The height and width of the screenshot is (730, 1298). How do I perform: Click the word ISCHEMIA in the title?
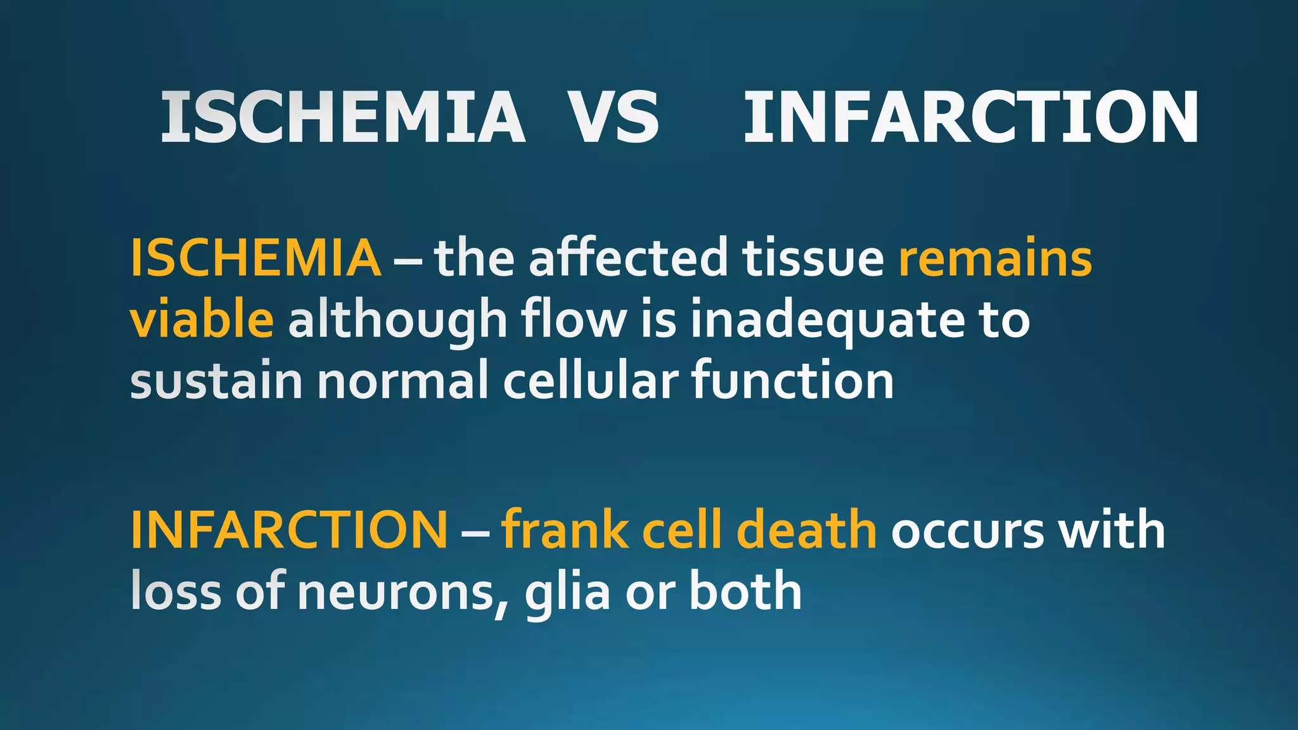(x=342, y=117)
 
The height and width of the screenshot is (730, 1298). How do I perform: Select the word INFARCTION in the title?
(x=970, y=117)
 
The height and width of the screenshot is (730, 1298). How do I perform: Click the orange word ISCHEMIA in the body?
(x=255, y=258)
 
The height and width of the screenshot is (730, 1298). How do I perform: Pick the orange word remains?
(x=995, y=258)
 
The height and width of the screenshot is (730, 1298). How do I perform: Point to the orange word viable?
(x=202, y=319)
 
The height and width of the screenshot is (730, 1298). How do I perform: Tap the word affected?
(x=628, y=258)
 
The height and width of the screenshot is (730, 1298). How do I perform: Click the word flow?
(x=574, y=319)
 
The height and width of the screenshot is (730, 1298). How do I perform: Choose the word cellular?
(x=591, y=381)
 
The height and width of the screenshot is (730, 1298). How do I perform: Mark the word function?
(x=792, y=381)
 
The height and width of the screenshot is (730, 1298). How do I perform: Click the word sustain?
(x=216, y=381)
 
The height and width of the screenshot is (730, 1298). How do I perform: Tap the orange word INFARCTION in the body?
(x=289, y=530)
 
